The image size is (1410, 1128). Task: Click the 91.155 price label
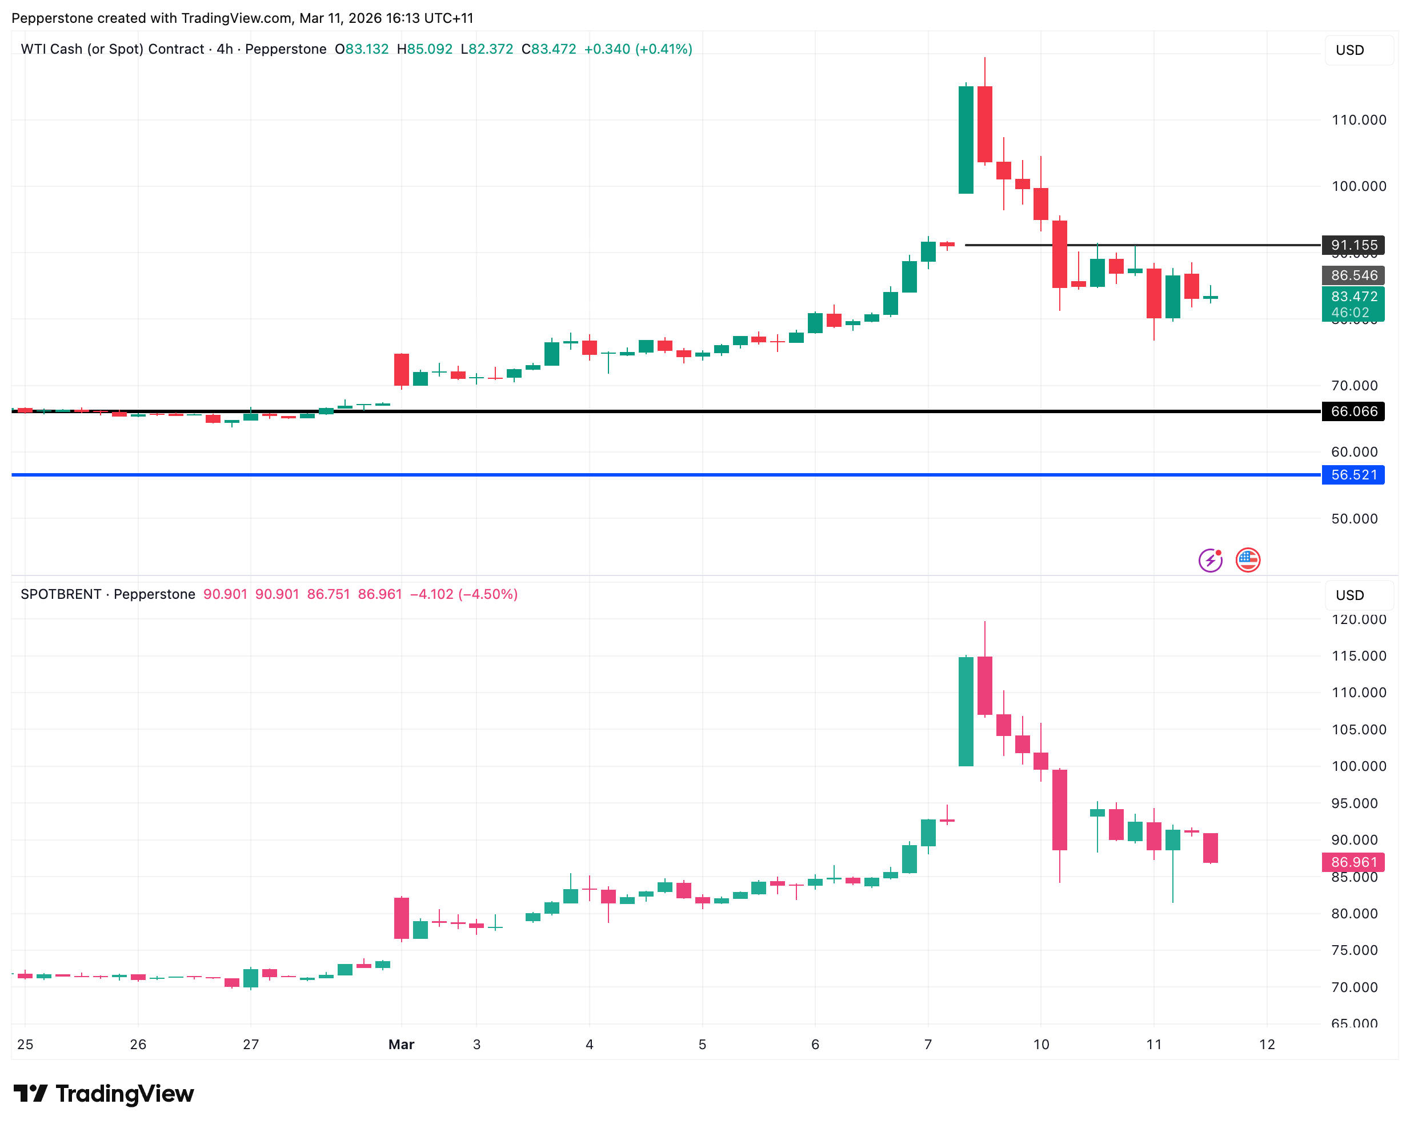(x=1353, y=245)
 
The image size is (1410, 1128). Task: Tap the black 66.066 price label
(x=1353, y=411)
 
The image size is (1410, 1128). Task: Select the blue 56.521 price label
(x=1353, y=475)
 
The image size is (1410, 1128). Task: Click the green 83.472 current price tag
(x=1353, y=304)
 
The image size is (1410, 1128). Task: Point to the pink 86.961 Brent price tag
(x=1353, y=862)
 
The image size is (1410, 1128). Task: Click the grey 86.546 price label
(x=1353, y=275)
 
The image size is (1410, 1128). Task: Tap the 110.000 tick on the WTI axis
(x=1359, y=120)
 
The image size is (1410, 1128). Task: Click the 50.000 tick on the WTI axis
(x=1355, y=519)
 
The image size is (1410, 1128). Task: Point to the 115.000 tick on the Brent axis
(x=1359, y=655)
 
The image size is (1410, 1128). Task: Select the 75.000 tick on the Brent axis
(x=1355, y=950)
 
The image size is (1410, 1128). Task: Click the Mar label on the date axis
(x=402, y=1044)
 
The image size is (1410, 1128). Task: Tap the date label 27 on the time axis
(x=251, y=1044)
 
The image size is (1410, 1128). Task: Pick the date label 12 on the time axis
(x=1267, y=1044)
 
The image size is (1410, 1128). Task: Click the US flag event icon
(x=1248, y=560)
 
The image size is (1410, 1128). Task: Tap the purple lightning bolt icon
(x=1211, y=560)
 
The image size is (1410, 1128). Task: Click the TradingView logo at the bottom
(x=104, y=1094)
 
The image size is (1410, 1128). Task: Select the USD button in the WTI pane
(x=1350, y=50)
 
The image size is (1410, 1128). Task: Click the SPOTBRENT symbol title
(x=61, y=594)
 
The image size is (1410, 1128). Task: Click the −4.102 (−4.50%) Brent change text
(x=464, y=594)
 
